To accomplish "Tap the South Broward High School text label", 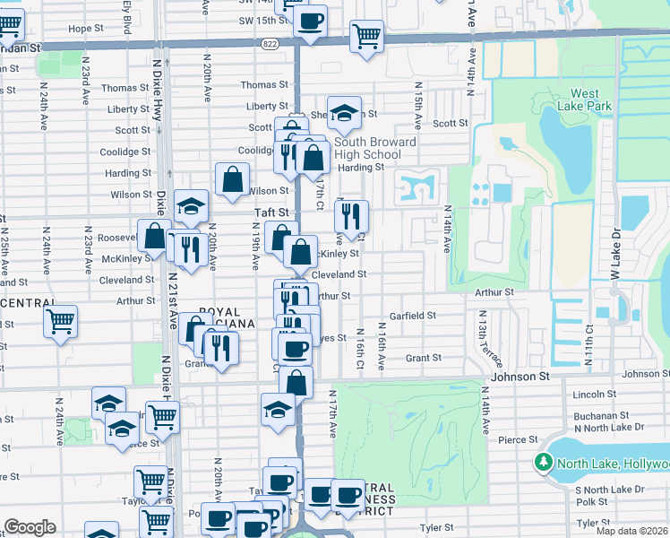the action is tap(374, 148).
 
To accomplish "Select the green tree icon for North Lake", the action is tap(542, 463).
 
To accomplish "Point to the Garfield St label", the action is tap(412, 316).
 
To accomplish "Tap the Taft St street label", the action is tap(273, 213).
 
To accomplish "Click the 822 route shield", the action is tap(270, 42).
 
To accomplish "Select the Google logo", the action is tap(30, 527).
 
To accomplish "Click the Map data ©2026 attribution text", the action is tap(633, 531).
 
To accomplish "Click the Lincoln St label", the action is tap(589, 395).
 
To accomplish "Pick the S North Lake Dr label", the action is tap(609, 490).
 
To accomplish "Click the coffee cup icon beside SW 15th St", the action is tap(311, 22).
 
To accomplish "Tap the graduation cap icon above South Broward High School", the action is tap(343, 112).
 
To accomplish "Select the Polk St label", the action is tap(594, 502).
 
